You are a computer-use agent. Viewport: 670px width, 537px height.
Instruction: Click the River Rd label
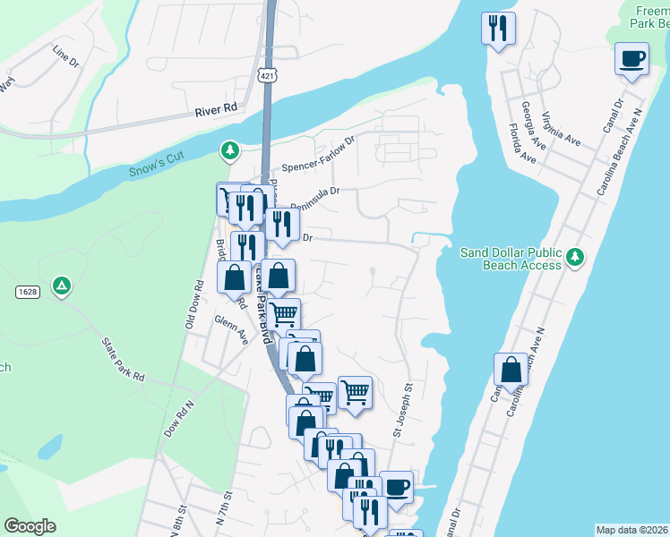tap(216, 109)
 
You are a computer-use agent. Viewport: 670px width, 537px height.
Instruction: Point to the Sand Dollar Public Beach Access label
tap(510, 259)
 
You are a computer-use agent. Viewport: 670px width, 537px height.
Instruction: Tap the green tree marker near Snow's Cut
tap(230, 150)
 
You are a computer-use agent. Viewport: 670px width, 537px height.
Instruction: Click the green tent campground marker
tap(62, 286)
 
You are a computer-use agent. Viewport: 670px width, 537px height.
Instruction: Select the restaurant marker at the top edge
tap(499, 29)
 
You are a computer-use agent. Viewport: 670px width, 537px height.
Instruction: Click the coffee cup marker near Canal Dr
tap(631, 60)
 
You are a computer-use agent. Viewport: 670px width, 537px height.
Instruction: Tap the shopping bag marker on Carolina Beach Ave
tap(511, 370)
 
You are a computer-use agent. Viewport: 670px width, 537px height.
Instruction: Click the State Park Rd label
tap(123, 360)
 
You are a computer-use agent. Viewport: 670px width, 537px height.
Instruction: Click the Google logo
tap(30, 526)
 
